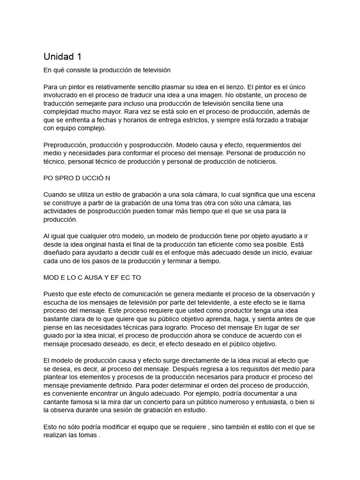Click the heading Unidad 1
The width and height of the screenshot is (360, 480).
coord(62,57)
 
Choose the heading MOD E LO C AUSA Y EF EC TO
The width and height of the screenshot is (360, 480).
coord(92,277)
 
